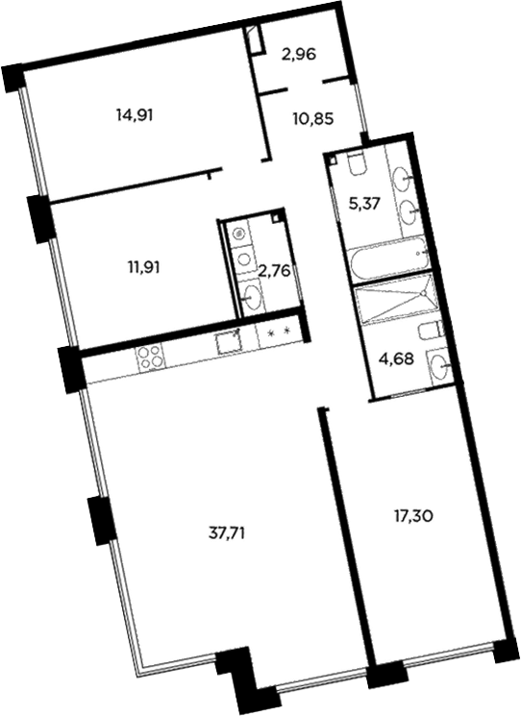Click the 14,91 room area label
136,113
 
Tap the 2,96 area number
299,55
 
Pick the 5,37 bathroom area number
368,203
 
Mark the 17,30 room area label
413,516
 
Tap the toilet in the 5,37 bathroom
355,164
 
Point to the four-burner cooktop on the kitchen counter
151,358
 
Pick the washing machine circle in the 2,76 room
237,233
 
